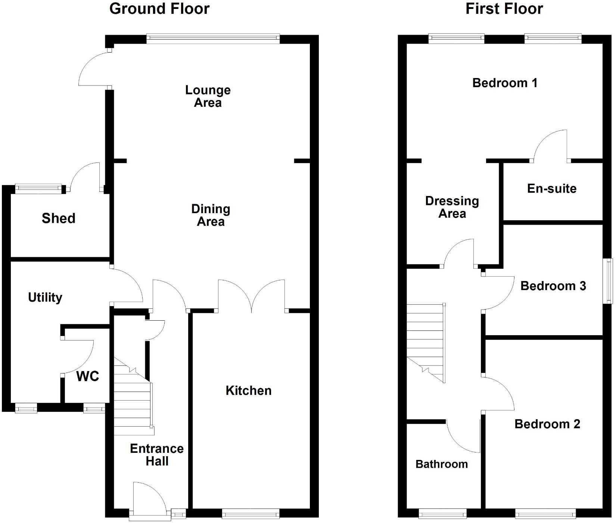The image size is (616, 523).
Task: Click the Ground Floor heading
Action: point(159,9)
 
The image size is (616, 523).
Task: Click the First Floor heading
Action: point(504,9)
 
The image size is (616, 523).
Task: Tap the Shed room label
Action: point(59,218)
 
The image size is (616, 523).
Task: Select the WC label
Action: point(88,376)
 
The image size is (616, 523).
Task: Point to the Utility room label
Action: point(45,298)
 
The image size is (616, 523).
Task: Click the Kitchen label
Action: point(249,390)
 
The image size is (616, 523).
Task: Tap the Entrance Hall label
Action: point(157,455)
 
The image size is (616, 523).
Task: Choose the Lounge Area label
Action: point(208,96)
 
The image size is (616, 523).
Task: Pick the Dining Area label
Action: point(211,215)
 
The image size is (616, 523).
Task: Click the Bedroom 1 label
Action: point(505,83)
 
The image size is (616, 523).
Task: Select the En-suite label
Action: point(552,189)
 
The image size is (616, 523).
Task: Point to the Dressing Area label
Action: point(452,207)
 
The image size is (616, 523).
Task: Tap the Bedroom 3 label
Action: point(553,286)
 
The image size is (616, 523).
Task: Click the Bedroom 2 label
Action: point(547,424)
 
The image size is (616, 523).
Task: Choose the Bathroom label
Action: point(442,464)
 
